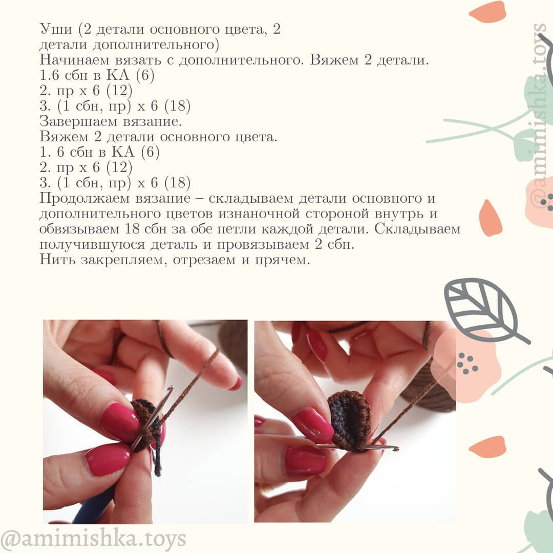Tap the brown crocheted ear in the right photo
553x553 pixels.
tap(351, 420)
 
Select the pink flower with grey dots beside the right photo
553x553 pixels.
tap(463, 361)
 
